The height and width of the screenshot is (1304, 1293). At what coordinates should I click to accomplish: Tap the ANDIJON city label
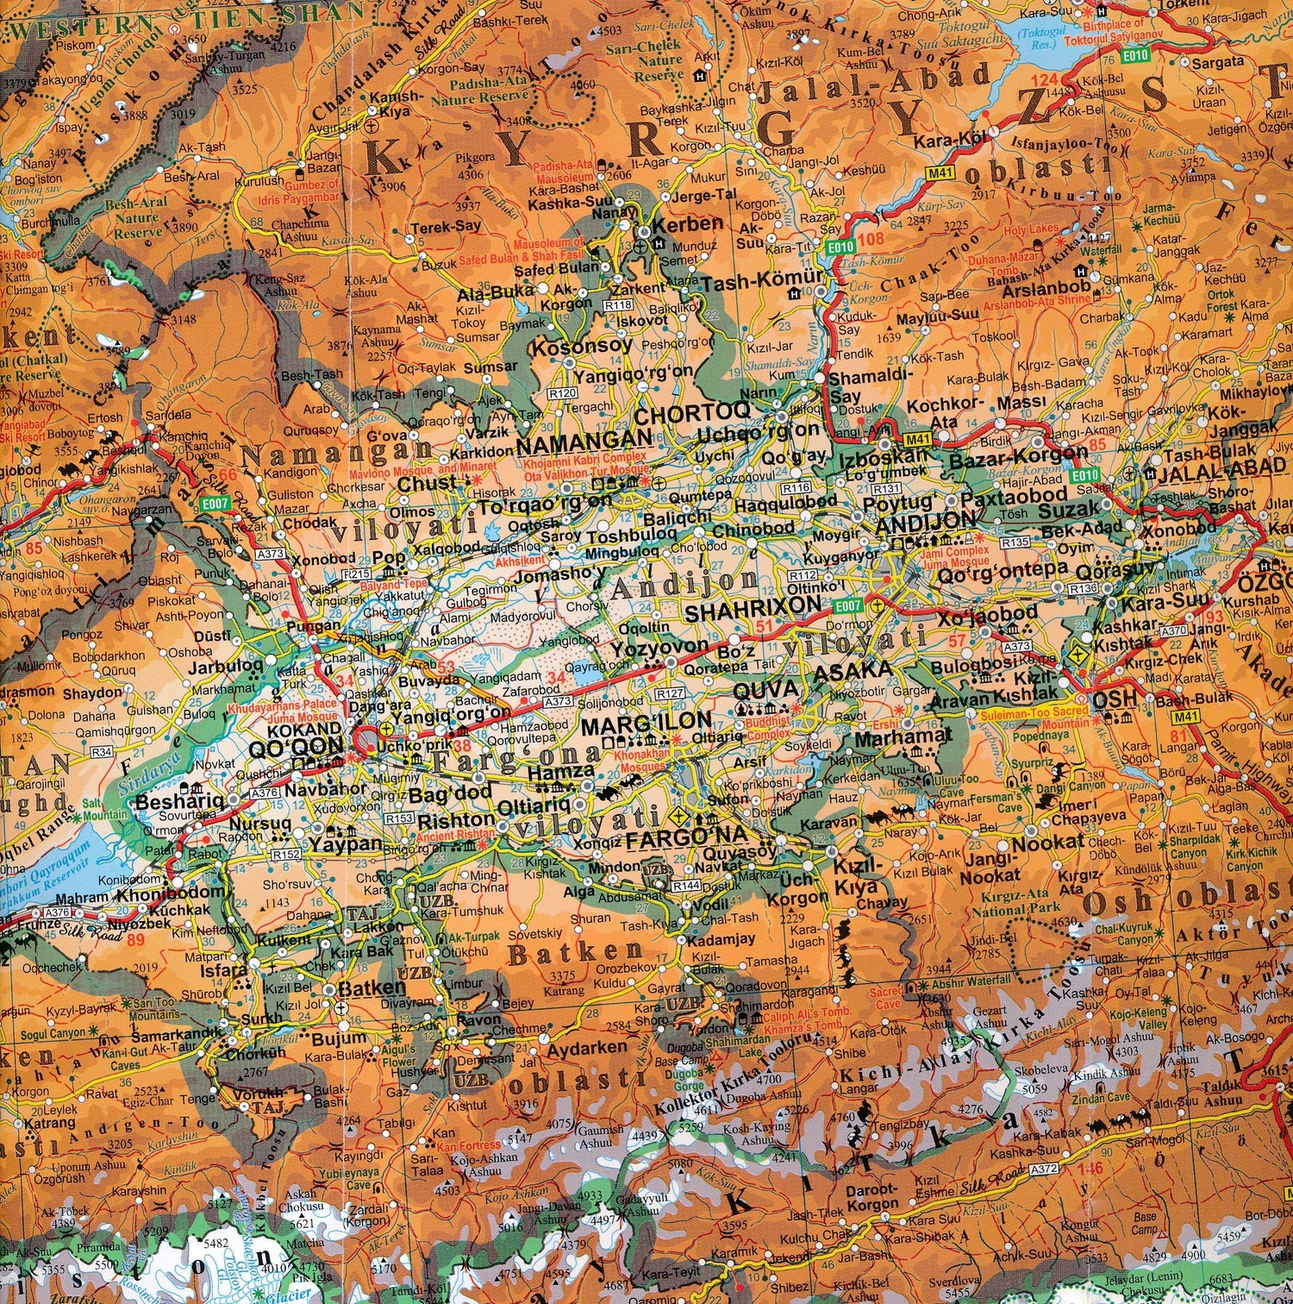click(x=925, y=520)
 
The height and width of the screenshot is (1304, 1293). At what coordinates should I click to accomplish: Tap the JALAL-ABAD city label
click(x=1221, y=467)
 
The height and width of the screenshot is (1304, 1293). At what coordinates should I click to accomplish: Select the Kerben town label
click(x=688, y=223)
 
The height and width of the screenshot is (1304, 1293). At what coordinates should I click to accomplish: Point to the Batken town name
click(x=372, y=988)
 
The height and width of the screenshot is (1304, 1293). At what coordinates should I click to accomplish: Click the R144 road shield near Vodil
click(x=686, y=886)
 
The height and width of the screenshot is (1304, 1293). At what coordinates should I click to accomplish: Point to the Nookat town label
click(x=1048, y=843)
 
